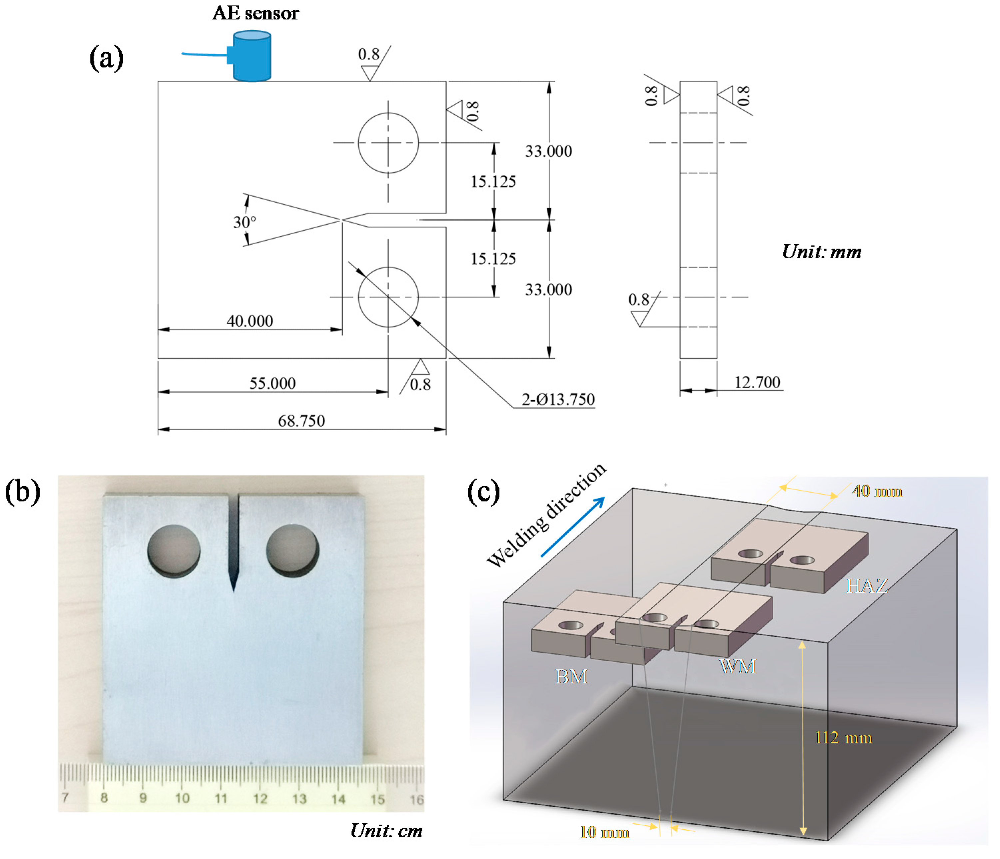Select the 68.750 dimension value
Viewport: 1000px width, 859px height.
pos(301,421)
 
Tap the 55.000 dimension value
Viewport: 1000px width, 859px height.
pos(272,384)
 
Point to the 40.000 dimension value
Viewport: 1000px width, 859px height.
pos(250,321)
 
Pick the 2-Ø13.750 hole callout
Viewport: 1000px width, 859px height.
pos(558,399)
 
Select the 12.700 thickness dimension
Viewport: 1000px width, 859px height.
pos(757,382)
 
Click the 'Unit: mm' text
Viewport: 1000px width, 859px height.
pos(821,252)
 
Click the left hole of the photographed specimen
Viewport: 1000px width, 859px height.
pos(174,551)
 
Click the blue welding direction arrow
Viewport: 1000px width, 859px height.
pos(572,527)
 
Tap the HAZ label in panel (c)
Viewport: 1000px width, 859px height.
pos(866,586)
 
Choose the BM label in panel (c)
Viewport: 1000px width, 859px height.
pos(571,676)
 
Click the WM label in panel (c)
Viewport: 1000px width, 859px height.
pos(737,666)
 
